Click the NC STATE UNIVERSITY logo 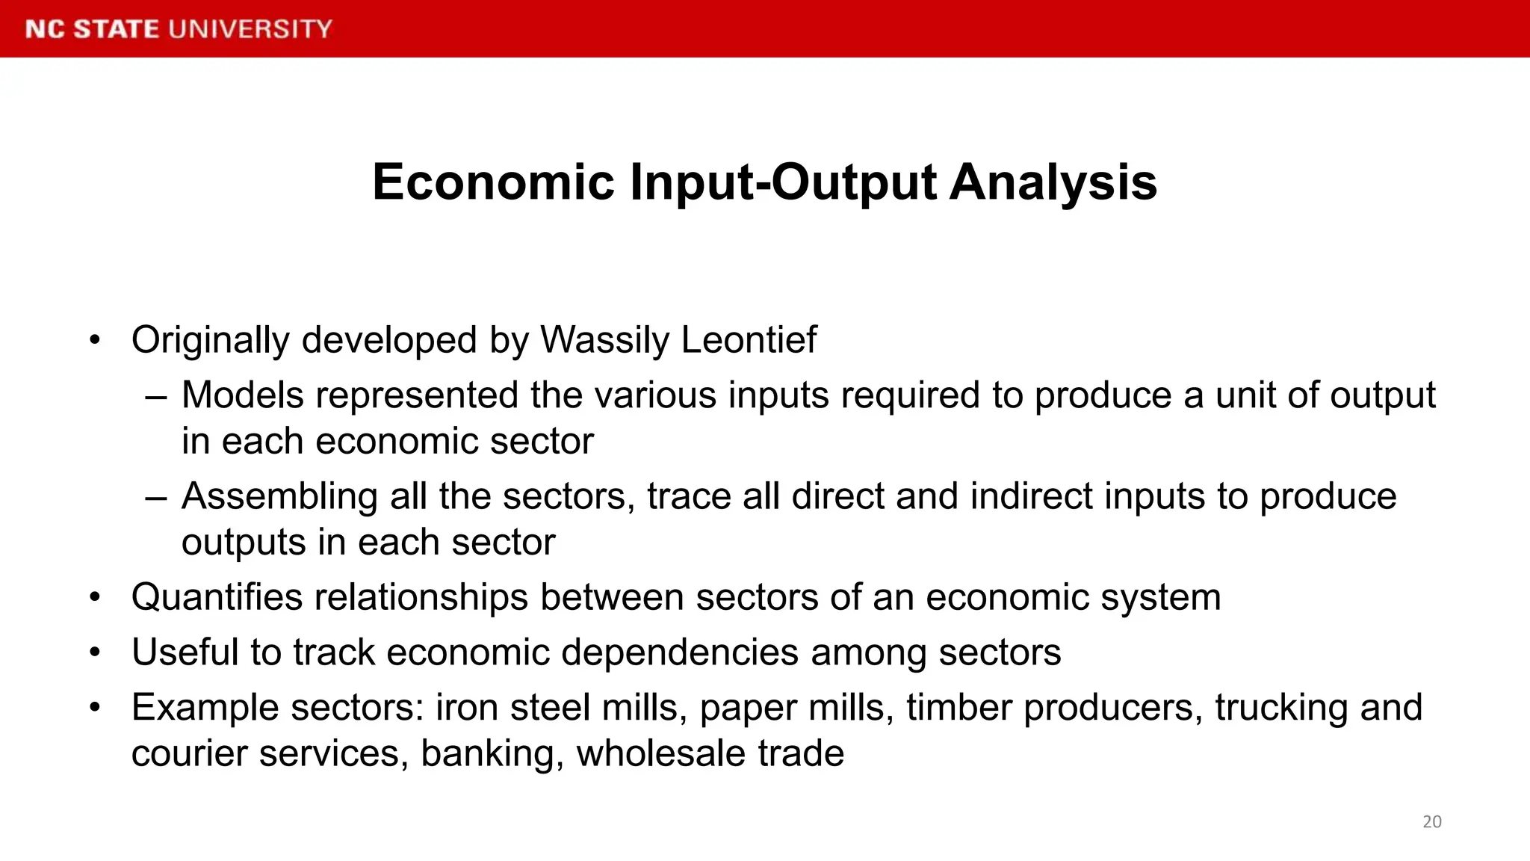click(x=179, y=29)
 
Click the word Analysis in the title click(x=1053, y=182)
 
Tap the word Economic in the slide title click(x=493, y=182)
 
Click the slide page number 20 click(x=1431, y=821)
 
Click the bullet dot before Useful click(x=94, y=652)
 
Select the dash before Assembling click(x=156, y=497)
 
